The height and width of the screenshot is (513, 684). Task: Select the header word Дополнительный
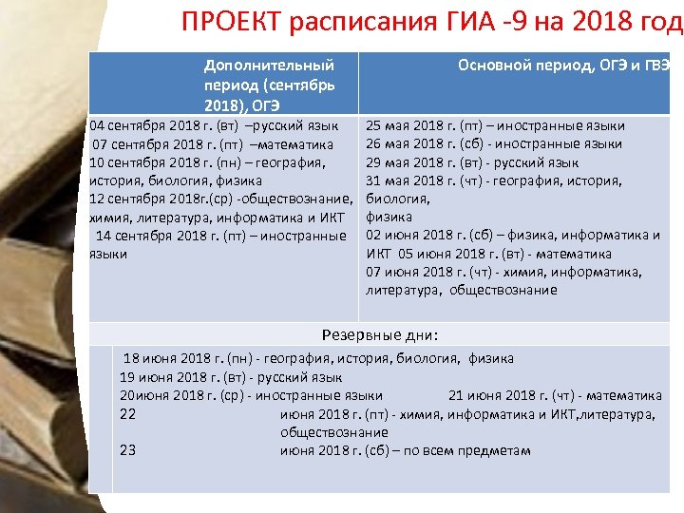tap(269, 66)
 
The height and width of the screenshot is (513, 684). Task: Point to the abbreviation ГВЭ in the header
tap(660, 65)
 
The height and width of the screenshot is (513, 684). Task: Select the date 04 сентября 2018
tap(137, 125)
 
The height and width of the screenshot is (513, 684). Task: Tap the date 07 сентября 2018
tap(142, 144)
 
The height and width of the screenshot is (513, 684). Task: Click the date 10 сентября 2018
tap(137, 162)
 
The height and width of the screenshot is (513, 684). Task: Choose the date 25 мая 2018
tap(405, 125)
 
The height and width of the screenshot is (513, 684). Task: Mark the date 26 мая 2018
tap(405, 143)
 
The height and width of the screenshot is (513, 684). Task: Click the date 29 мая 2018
tap(405, 162)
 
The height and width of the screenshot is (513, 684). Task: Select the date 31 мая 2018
tap(405, 180)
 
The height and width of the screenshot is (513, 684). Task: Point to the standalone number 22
tap(128, 414)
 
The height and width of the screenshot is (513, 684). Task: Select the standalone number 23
tap(128, 450)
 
